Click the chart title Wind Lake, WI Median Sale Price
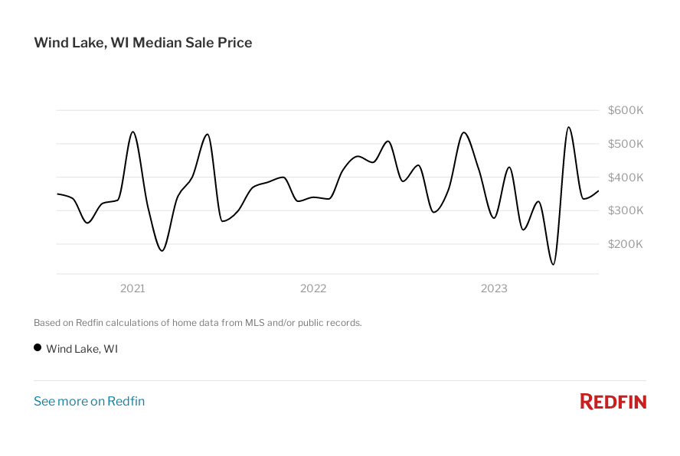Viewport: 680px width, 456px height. coord(142,43)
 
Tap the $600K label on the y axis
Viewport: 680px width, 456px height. coord(626,110)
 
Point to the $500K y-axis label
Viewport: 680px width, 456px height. coord(626,144)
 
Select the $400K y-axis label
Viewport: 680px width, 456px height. coord(626,178)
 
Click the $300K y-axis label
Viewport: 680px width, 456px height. coord(626,210)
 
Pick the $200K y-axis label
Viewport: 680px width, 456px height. coord(626,244)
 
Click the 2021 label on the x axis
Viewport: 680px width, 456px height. coord(132,288)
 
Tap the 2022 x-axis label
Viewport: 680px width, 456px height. coord(313,288)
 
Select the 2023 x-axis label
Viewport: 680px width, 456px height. coord(494,288)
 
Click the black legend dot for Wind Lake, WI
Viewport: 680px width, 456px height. coord(38,347)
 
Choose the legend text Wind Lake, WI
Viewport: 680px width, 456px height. coord(82,349)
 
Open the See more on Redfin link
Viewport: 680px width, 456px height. coord(89,401)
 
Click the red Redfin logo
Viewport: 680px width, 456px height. coord(613,401)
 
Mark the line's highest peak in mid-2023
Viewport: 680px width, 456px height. coord(568,127)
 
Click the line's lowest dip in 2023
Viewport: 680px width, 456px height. coord(553,265)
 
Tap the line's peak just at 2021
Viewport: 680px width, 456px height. coord(133,132)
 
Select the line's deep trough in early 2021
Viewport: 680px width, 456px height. coord(162,250)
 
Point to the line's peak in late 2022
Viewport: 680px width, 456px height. coord(464,132)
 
